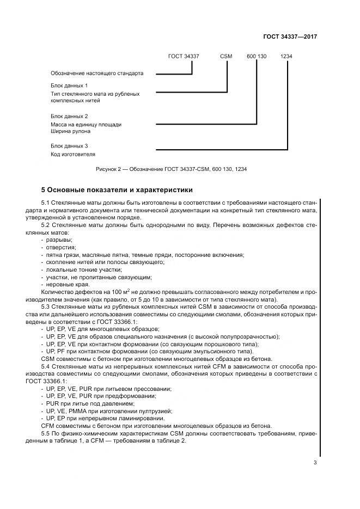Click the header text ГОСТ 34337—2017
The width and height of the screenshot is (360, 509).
click(291, 36)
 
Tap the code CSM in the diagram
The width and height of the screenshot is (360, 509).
click(226, 56)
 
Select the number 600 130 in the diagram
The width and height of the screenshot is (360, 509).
click(257, 56)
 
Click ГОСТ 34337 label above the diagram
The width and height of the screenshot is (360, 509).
click(184, 56)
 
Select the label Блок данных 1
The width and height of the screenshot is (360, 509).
click(69, 86)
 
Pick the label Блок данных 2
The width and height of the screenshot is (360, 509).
click(69, 116)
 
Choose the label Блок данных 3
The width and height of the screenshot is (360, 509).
click(69, 146)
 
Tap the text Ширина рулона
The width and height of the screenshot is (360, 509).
click(70, 131)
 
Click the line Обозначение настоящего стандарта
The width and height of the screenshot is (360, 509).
click(97, 73)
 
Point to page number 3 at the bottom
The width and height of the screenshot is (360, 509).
click(315, 463)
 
